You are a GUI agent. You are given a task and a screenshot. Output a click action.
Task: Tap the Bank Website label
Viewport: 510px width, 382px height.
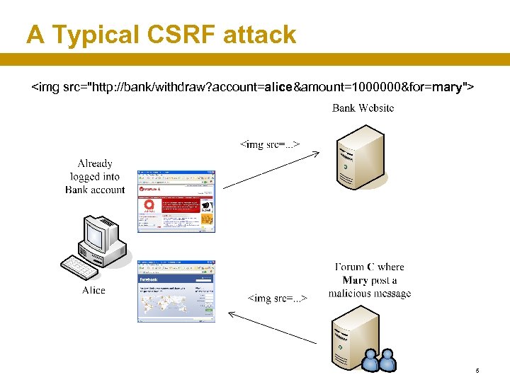pos(363,108)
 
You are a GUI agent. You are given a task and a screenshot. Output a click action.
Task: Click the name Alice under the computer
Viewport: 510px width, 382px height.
pos(93,290)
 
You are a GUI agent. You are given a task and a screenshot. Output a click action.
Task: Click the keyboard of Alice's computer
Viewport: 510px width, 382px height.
pos(80,268)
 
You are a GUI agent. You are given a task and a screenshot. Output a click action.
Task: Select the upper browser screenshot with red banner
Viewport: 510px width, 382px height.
pos(176,201)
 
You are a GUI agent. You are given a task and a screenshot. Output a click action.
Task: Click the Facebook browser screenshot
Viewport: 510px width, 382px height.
pos(176,291)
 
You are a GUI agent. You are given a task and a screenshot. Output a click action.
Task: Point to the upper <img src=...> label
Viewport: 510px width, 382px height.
pos(270,144)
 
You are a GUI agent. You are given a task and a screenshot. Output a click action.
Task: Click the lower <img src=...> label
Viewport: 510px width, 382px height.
pos(277,298)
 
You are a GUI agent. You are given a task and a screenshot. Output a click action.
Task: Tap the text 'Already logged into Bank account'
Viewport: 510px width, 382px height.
pos(95,176)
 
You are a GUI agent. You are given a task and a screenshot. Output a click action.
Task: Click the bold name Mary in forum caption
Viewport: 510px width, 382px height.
pos(355,280)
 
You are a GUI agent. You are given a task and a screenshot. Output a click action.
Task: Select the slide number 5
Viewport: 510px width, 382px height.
pos(477,371)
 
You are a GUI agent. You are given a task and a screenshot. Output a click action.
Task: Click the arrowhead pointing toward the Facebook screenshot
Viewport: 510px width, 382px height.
pos(232,314)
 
